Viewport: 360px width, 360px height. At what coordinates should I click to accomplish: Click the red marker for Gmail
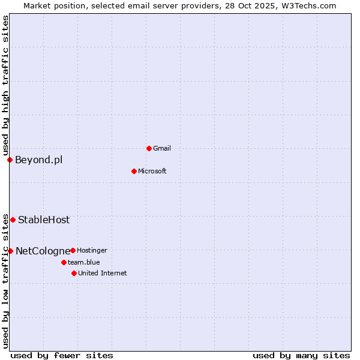pos(149,148)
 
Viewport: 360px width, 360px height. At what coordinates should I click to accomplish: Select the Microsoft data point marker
pos(134,171)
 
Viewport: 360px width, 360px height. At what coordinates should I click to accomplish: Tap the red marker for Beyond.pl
pos(10,160)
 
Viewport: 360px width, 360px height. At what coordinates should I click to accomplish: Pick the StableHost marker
pos(13,220)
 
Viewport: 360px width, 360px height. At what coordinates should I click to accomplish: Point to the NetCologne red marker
pos(10,251)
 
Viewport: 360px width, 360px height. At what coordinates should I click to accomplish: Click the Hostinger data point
pos(73,250)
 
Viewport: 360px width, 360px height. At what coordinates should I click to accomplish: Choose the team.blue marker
pos(64,262)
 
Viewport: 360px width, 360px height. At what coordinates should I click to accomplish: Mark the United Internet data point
pos(74,273)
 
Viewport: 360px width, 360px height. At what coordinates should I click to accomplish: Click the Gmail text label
pos(162,148)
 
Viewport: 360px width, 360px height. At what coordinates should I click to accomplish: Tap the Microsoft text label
pos(152,171)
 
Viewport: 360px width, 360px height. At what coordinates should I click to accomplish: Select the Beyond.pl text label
pos(38,160)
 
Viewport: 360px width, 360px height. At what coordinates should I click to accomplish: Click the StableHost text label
pos(44,220)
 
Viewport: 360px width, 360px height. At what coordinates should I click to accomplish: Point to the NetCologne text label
pos(42,251)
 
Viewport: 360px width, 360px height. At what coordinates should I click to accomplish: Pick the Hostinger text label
pos(92,250)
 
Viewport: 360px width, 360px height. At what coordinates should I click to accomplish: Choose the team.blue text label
pos(84,262)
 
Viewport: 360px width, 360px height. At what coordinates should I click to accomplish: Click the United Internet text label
pos(103,273)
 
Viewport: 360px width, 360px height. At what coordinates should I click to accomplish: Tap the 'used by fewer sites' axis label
pos(62,355)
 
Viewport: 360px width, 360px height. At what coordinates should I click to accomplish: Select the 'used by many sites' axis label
pos(301,355)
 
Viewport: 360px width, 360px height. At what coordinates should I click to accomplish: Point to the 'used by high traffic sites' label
pos(5,86)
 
